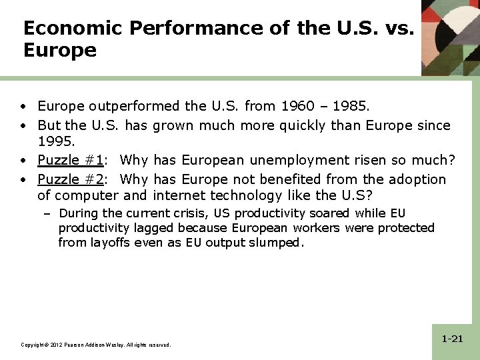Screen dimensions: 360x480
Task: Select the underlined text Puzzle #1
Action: pyautogui.click(x=70, y=161)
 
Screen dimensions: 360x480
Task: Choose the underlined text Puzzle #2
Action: pyautogui.click(x=70, y=179)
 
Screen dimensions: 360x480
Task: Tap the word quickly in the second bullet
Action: pyautogui.click(x=294, y=125)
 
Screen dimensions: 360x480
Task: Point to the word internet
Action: pyautogui.click(x=179, y=195)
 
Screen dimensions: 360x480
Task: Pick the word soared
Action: pyautogui.click(x=327, y=213)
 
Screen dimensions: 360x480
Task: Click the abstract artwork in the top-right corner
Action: pyautogui.click(x=451, y=37)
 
